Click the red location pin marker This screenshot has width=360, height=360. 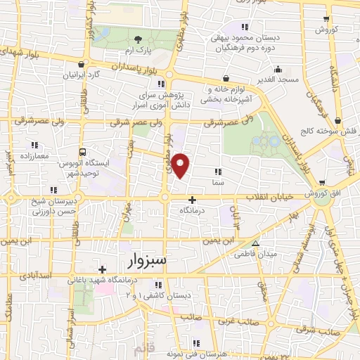[181, 165]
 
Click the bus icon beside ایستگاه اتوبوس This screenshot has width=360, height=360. [84, 152]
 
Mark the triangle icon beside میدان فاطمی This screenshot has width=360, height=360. [256, 244]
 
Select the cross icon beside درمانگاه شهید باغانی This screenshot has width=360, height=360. [103, 269]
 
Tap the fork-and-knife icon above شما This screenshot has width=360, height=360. [218, 171]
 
